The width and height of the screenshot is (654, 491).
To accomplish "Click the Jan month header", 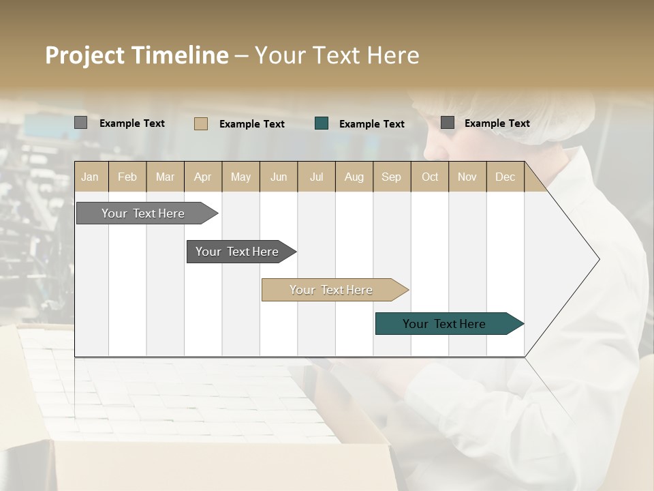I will point(90,177).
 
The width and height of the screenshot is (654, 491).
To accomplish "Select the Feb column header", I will point(127,177).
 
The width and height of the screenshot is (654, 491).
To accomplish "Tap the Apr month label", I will point(202,177).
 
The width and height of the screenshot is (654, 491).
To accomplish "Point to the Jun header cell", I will point(279,177).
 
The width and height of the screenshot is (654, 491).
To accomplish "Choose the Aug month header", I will point(354,177).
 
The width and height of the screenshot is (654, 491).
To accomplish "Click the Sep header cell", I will point(391,177).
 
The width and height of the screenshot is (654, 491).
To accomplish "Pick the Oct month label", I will point(430,177).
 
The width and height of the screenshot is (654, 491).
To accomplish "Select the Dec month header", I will point(505,177).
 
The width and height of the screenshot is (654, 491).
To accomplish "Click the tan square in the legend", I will point(201,123).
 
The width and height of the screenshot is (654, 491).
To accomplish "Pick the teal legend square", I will point(322,123).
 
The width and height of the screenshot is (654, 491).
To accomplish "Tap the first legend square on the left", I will point(80,123).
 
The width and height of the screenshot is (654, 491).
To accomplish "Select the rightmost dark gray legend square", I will point(448,123).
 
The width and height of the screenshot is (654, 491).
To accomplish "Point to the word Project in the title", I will point(84,55).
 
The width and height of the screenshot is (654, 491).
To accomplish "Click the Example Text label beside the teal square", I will point(371,123).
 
